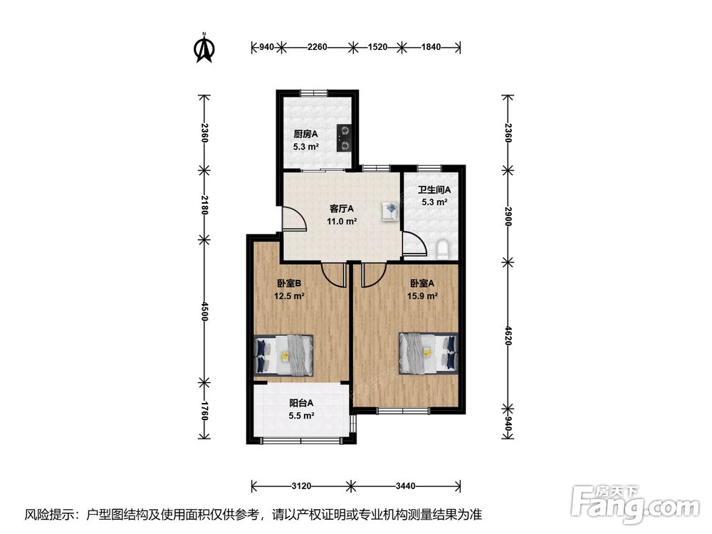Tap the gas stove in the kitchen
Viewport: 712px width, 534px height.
point(345,138)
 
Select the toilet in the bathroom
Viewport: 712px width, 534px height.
point(442,250)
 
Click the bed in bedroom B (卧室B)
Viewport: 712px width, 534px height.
point(284,355)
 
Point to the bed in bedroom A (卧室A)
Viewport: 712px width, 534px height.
point(428,353)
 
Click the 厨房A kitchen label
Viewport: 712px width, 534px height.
point(305,134)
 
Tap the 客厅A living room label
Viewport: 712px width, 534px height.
point(342,209)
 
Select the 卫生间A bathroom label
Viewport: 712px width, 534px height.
point(434,190)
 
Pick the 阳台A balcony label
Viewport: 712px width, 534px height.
point(301,403)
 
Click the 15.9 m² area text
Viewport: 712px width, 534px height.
point(422,296)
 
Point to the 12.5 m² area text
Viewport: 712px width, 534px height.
point(289,296)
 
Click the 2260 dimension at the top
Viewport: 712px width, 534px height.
point(317,47)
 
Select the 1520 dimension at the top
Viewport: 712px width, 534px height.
point(377,47)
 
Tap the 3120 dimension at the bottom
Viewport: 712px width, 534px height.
point(301,486)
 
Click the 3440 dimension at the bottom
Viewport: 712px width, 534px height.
point(406,486)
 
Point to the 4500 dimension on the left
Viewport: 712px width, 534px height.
point(204,311)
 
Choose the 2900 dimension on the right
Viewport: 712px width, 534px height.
point(508,216)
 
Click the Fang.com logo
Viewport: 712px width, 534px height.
point(635,504)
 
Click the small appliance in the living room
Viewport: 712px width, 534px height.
point(390,211)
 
